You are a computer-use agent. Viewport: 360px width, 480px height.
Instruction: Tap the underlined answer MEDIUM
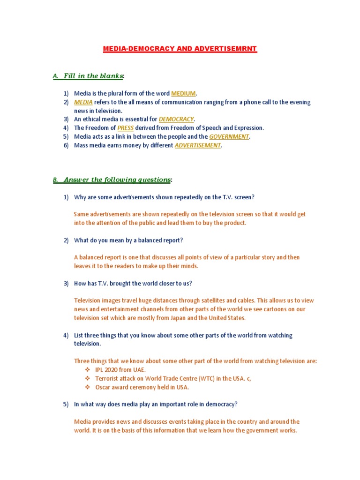click(183, 93)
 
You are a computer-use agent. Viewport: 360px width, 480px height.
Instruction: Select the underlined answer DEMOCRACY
click(176, 119)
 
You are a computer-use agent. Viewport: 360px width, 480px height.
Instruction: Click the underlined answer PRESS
click(125, 128)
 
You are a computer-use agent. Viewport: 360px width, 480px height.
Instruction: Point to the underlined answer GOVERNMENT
click(229, 136)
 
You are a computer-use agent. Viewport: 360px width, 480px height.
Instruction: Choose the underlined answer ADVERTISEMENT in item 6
click(197, 145)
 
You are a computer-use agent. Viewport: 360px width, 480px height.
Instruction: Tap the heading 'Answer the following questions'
click(117, 180)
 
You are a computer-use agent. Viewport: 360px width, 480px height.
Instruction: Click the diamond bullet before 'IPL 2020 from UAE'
click(87, 370)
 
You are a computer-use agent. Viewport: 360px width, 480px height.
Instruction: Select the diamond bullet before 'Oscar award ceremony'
click(87, 387)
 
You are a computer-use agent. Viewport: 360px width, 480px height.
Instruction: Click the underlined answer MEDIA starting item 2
click(83, 102)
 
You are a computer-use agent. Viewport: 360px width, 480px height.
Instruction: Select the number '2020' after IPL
click(112, 370)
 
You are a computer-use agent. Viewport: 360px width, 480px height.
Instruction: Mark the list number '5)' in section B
click(66, 404)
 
